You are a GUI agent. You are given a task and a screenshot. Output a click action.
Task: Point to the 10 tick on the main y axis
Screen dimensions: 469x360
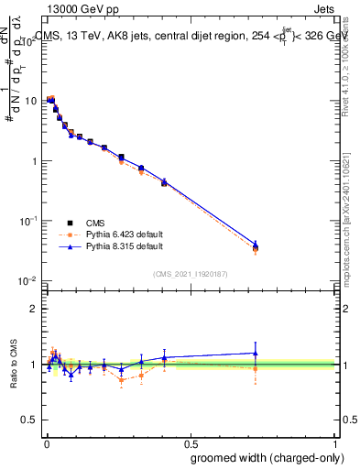(29, 101)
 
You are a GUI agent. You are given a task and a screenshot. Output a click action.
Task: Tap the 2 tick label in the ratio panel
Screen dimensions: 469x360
(33, 309)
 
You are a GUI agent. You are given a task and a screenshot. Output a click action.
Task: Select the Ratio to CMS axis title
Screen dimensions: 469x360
(13, 365)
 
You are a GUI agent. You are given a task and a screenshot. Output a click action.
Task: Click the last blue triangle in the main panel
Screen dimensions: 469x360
(256, 245)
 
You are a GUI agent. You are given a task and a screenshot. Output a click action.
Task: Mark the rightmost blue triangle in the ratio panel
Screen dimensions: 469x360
(256, 353)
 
